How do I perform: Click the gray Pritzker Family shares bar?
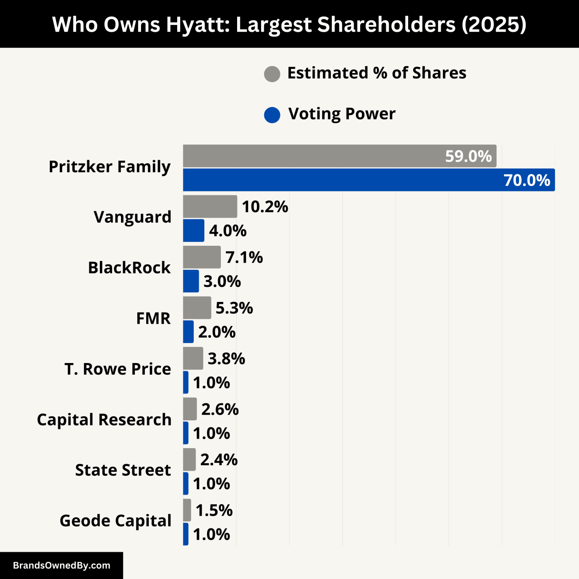339,156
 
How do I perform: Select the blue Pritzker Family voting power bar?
369,180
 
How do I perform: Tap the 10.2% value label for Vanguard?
265,207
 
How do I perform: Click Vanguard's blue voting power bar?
194,230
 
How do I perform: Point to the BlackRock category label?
129,268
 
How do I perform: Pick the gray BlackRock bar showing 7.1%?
202,257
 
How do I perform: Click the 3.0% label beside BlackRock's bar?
222,282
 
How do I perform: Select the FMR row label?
153,319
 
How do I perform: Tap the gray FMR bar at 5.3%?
197,308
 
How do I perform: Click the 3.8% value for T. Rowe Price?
227,359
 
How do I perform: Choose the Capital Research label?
104,420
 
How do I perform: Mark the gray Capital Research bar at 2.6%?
190,409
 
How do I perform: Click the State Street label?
123,470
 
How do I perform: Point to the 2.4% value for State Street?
219,460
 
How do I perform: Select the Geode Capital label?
115,521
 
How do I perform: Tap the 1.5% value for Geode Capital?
214,511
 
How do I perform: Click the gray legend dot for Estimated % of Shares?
272,74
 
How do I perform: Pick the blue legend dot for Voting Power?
272,115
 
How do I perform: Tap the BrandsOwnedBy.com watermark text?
61,565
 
